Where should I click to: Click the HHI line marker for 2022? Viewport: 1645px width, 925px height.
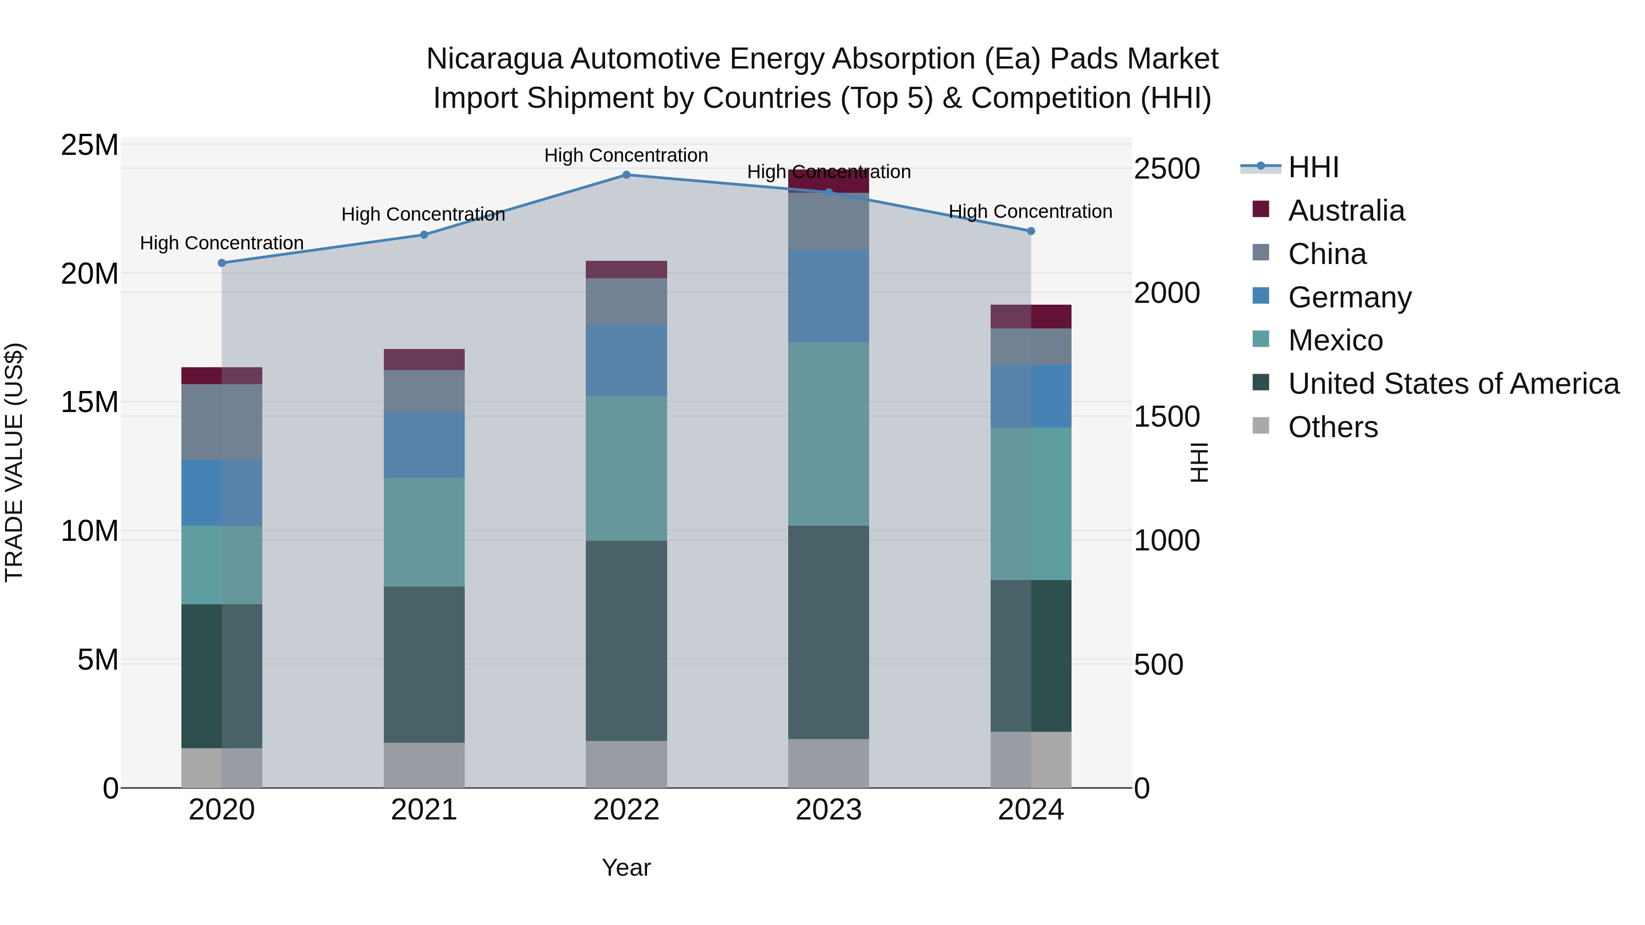coord(626,175)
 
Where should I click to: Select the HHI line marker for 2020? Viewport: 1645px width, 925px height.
coord(222,263)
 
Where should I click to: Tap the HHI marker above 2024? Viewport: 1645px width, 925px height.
coord(1031,231)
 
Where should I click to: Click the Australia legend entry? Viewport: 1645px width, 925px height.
coord(1346,211)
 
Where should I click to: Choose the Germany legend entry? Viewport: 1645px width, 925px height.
coord(1349,297)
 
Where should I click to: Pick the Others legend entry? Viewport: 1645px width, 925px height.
coord(1333,427)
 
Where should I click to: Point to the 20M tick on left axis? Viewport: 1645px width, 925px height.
coord(90,274)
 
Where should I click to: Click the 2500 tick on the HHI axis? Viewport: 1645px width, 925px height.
coord(1167,169)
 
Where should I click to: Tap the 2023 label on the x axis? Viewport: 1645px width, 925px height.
coord(828,810)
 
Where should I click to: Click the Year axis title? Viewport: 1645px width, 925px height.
coord(626,867)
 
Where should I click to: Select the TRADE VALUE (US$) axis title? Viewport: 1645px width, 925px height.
coord(14,462)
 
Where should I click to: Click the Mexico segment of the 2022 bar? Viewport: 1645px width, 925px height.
coord(626,469)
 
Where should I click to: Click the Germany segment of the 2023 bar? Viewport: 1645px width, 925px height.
coord(828,296)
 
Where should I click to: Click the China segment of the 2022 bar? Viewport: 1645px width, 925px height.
coord(626,301)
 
